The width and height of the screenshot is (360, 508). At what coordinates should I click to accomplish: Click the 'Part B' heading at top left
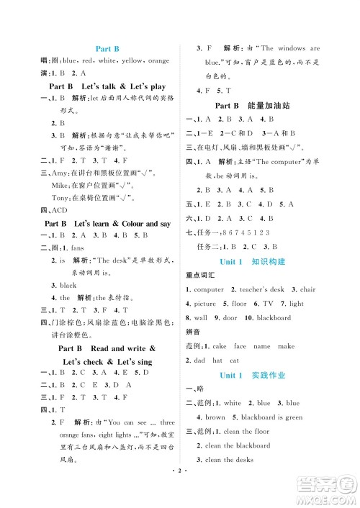pyautogui.click(x=107, y=49)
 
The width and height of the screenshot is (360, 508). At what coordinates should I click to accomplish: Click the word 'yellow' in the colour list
pyautogui.click(x=134, y=61)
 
